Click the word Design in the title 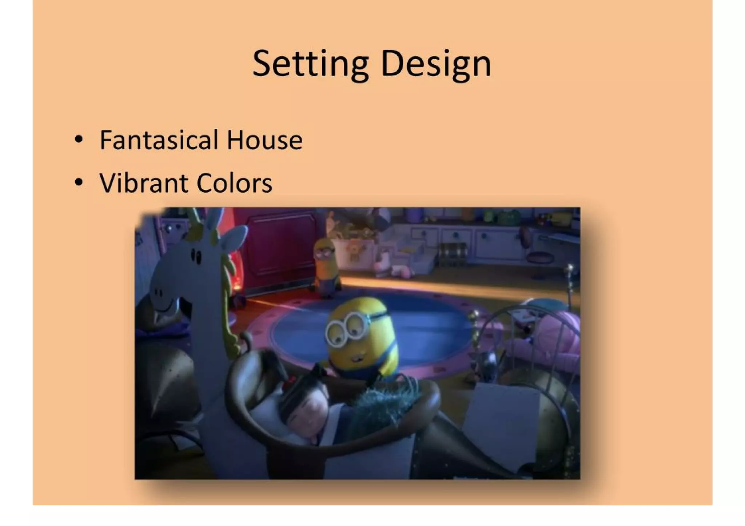pos(436,64)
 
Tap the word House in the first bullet pos(264,140)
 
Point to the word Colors pos(234,182)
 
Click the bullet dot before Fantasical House pos(79,139)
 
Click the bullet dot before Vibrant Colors pos(79,182)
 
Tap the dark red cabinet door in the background pos(280,247)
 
